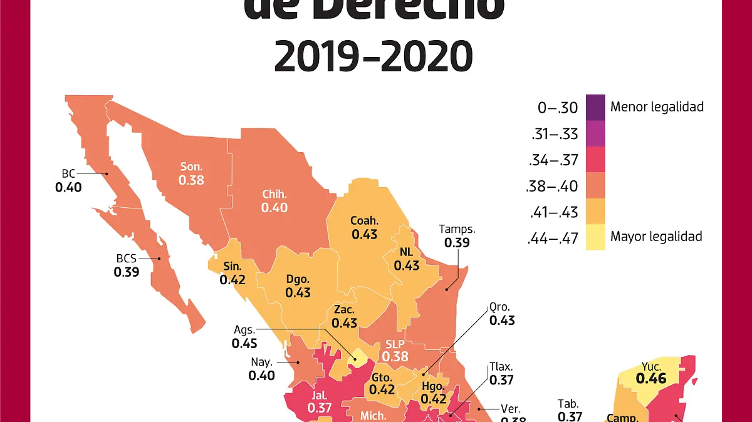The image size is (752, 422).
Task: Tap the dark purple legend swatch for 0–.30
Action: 595,107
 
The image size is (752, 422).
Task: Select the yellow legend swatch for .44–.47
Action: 595,237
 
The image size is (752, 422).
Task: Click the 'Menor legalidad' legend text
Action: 657,107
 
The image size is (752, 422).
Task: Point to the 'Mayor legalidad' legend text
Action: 656,237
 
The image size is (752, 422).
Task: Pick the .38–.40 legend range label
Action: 554,186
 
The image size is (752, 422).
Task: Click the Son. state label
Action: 191,167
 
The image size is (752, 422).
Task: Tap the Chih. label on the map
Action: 274,194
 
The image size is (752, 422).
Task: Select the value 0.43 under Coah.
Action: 364,234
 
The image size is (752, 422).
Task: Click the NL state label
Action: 406,252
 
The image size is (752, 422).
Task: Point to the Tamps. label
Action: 457,229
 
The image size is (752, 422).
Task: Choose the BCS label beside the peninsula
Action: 126,258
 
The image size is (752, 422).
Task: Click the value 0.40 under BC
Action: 68,187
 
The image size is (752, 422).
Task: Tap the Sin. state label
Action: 232,266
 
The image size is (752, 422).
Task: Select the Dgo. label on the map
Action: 298,279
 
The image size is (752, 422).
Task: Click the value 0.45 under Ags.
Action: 244,344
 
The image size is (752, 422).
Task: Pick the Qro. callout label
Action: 501,307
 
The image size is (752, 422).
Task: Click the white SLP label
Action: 395,344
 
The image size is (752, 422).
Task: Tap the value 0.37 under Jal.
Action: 320,408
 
